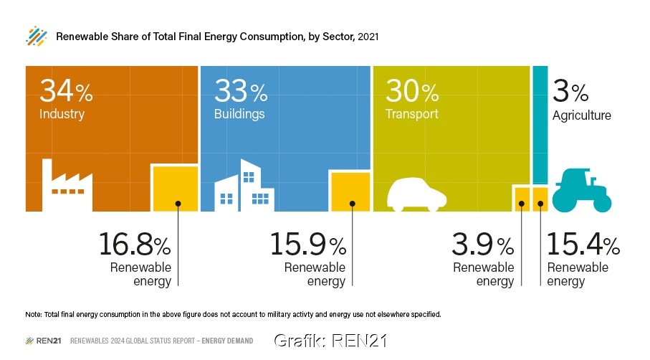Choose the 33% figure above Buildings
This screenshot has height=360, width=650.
point(241,91)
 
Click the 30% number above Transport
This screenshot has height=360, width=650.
point(412,91)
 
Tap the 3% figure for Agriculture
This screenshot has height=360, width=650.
point(570,91)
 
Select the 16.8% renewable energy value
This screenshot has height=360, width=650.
point(135,245)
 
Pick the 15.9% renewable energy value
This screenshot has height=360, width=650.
point(308,245)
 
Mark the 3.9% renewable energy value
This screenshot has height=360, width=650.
point(482,245)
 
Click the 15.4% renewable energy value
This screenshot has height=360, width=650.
point(583,245)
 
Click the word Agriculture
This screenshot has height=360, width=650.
point(581,115)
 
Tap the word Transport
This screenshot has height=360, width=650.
point(411,114)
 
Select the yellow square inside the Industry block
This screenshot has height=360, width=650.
point(174,188)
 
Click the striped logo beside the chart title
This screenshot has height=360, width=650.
point(36,36)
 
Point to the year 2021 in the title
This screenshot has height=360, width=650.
point(368,36)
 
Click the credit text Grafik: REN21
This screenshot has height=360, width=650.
point(330,340)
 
